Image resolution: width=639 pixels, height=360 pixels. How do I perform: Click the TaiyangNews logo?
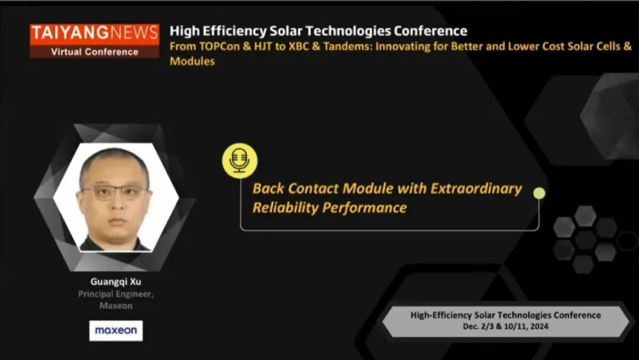click(95, 41)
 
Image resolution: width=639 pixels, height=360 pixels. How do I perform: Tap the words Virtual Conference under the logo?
click(95, 52)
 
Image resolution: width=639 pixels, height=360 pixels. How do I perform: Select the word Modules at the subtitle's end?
click(192, 61)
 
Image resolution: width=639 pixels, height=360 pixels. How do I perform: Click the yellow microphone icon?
click(240, 160)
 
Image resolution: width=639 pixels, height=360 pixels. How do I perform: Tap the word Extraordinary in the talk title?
click(476, 189)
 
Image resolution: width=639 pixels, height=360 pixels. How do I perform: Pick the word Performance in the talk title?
click(364, 208)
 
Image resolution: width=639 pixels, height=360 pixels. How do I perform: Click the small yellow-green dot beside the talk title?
click(539, 193)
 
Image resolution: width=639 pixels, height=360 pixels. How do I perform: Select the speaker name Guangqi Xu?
click(116, 282)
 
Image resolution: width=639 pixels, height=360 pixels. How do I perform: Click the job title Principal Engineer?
click(116, 294)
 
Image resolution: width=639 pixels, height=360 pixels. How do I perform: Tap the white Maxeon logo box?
click(116, 330)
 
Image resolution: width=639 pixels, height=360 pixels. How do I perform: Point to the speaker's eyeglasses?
click(115, 192)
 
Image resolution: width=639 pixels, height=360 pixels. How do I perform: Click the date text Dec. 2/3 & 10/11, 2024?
click(505, 327)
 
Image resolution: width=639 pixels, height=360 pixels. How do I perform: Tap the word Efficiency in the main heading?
click(234, 31)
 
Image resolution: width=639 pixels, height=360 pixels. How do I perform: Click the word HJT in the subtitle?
click(263, 46)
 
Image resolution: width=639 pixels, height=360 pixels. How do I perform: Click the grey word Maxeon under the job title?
click(116, 306)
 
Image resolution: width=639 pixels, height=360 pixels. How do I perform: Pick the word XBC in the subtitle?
click(299, 46)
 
